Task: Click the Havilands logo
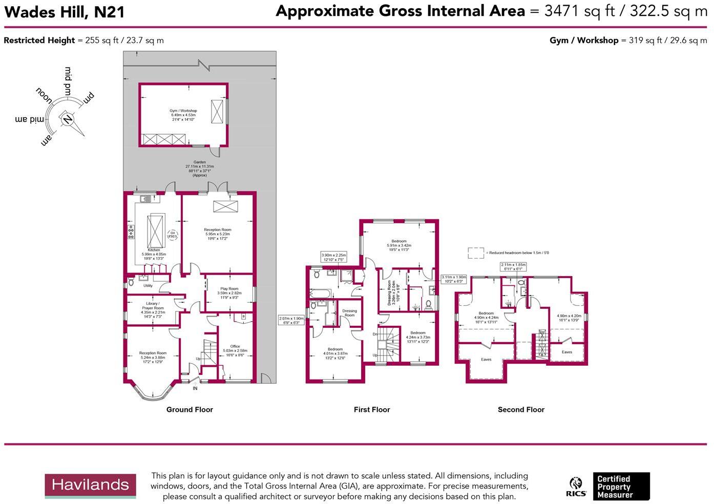coord(90,486)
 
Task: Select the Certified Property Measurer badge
coord(621,486)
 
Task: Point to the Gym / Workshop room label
coord(183,115)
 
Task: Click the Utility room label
coord(148,286)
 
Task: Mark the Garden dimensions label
coord(199,169)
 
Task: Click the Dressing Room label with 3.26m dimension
coord(391,292)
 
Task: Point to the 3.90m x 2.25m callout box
coord(333,257)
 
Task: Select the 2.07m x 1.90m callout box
coord(291,321)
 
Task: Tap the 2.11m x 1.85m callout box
coord(513,267)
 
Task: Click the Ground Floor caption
coord(190,410)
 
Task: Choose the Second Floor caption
coord(521,410)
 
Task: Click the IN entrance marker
coord(195,388)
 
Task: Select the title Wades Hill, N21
coord(65,12)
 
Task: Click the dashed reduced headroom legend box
coord(476,253)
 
